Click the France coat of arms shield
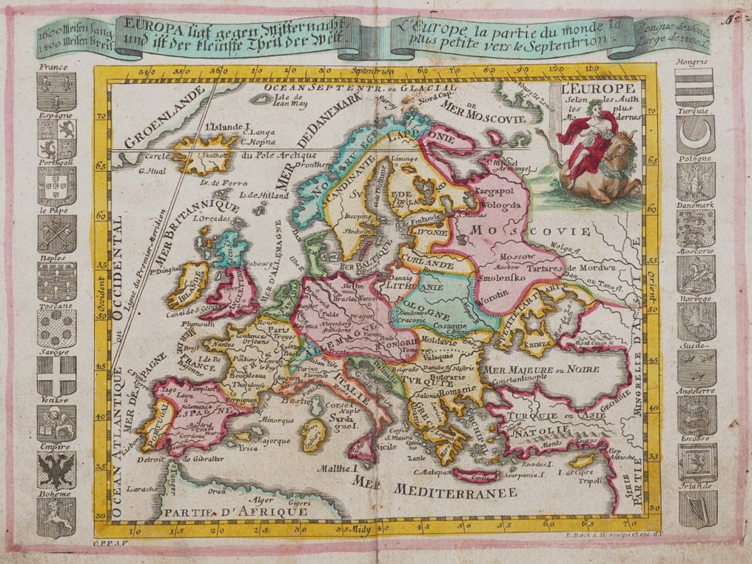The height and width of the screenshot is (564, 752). coord(56,92)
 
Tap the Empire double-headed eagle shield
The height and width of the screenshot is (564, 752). coord(56,470)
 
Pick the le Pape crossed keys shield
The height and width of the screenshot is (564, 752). coord(56,234)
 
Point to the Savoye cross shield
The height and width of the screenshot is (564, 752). coord(56,376)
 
